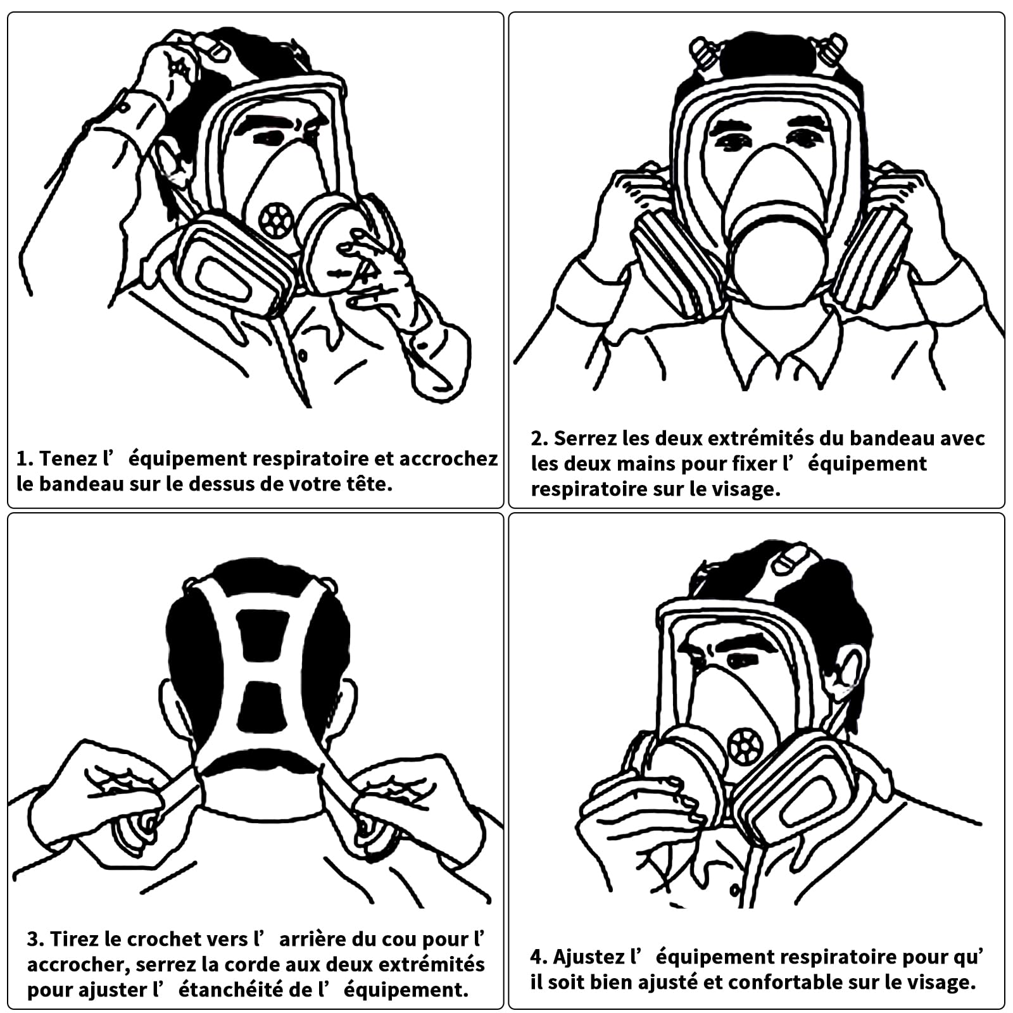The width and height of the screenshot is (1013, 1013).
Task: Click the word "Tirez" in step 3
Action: pos(73,939)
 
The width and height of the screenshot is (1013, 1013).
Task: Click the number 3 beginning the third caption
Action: pos(33,939)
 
